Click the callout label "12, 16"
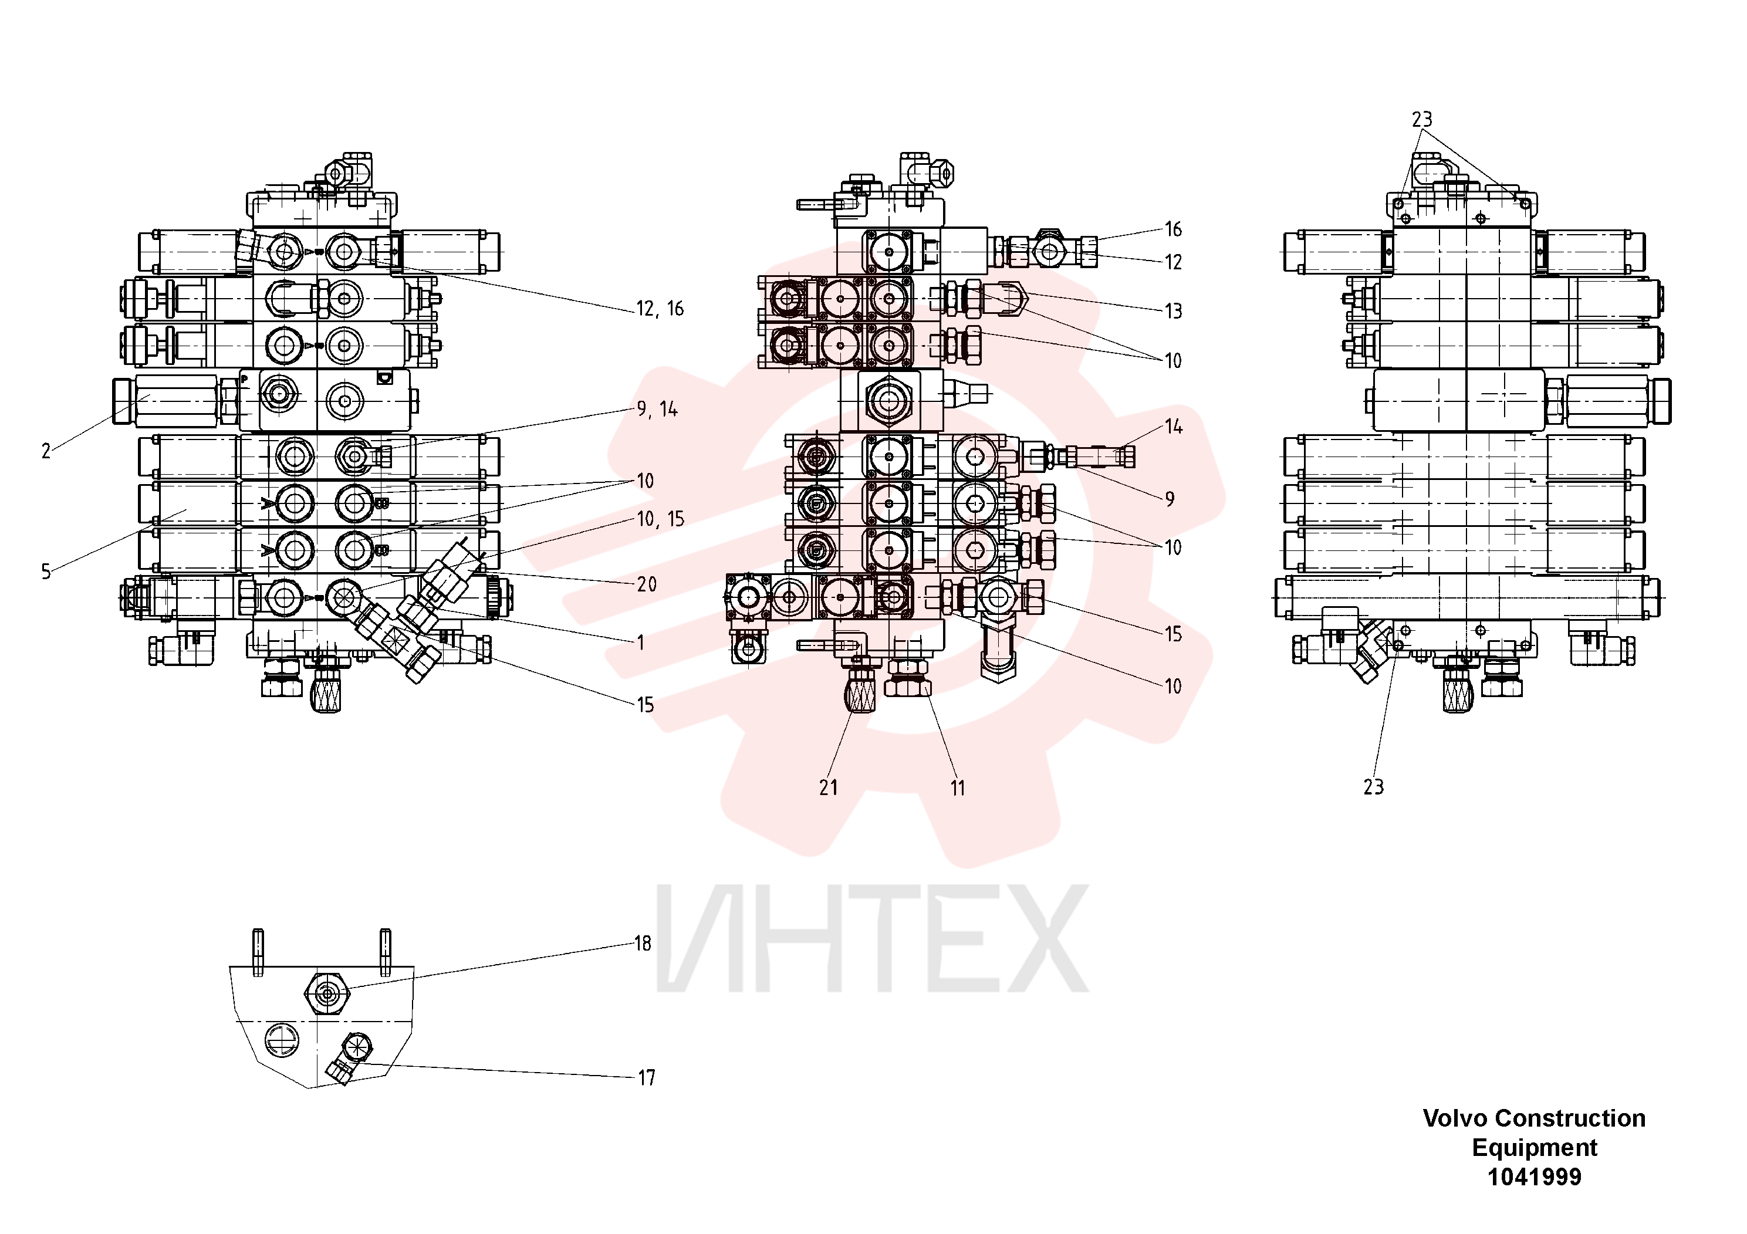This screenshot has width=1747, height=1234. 660,309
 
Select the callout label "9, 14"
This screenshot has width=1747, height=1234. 657,410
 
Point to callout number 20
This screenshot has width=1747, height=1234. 647,584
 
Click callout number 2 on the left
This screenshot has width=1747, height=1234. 46,451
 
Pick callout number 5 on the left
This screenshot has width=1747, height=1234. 46,572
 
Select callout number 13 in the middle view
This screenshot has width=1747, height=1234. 1173,311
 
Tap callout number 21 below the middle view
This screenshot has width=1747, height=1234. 829,788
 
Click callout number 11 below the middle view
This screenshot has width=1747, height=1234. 957,788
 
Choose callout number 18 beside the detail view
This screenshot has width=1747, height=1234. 643,944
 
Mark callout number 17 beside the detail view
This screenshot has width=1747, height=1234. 646,1078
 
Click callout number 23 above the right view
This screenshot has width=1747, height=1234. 1422,120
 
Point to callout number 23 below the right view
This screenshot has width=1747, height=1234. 1373,787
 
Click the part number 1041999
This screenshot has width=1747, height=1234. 1535,1178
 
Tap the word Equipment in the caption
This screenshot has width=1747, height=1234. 1535,1148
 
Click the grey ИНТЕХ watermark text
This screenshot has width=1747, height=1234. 872,939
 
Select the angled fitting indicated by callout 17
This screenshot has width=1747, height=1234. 349,1057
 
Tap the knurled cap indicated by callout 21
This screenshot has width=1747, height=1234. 860,692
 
